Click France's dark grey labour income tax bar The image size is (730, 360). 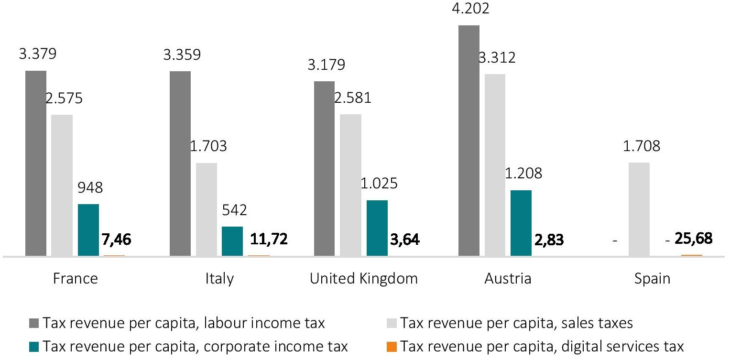click(x=36, y=163)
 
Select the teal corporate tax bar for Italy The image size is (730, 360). click(x=232, y=241)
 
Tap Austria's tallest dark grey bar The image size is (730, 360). click(x=469, y=141)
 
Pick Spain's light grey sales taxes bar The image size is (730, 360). click(x=639, y=209)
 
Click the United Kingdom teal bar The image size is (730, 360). click(x=377, y=228)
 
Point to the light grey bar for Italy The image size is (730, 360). click(x=206, y=209)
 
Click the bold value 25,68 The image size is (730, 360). click(x=693, y=238)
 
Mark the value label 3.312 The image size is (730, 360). click(x=497, y=58)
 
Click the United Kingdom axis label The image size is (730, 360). click(x=363, y=279)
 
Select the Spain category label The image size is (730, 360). click(x=652, y=279)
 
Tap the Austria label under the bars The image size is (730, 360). click(x=508, y=279)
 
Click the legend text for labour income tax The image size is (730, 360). click(x=184, y=324)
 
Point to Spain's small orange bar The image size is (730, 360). click(x=691, y=255)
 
